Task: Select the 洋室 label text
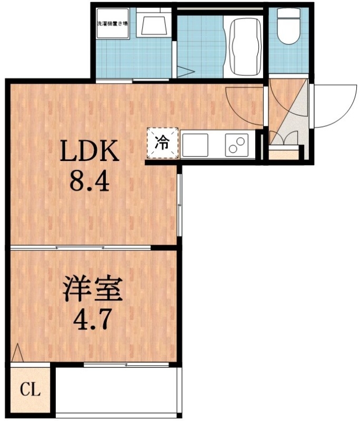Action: coord(93,289)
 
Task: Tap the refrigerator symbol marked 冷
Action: coord(163,142)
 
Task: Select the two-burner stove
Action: coord(237,144)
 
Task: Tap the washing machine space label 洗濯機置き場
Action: coord(112,23)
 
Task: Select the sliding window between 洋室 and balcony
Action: coord(126,364)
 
